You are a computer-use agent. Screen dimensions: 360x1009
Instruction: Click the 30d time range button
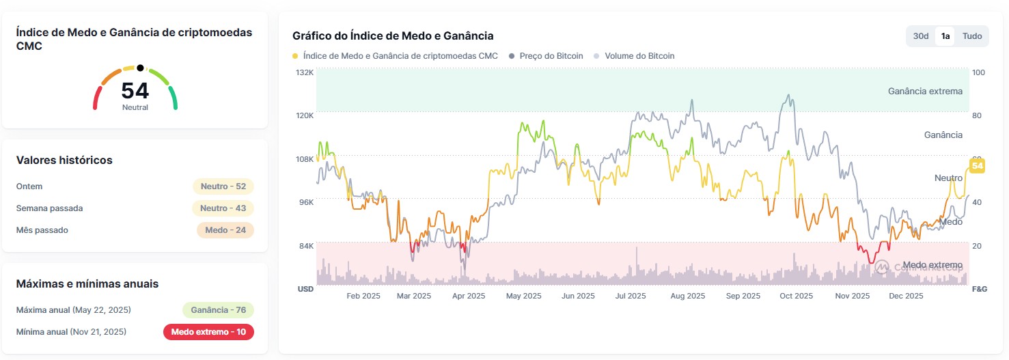[921, 36]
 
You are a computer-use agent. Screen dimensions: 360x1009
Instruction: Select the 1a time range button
[945, 36]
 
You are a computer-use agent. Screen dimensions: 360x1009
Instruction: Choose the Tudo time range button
[972, 36]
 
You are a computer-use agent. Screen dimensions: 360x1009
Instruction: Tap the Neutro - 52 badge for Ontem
[223, 186]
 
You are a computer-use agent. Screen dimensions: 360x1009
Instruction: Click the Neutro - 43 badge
[223, 208]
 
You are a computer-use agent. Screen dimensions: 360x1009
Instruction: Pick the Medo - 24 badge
[225, 230]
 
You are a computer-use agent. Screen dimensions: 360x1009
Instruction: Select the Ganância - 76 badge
[218, 310]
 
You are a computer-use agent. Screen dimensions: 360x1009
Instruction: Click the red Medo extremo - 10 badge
[208, 332]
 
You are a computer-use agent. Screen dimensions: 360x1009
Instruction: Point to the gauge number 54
[135, 91]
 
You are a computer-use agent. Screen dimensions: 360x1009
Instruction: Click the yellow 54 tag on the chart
[977, 166]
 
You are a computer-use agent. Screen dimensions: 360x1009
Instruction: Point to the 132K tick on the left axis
[304, 72]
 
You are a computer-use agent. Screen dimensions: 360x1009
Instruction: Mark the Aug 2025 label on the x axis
[687, 296]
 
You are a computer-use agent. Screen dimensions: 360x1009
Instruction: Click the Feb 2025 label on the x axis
[363, 296]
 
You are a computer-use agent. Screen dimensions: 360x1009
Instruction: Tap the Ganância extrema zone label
[924, 91]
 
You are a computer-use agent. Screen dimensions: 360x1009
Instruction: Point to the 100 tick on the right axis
[978, 72]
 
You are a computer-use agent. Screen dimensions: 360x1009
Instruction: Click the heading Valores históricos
[64, 160]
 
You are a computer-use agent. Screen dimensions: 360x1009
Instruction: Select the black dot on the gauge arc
[140, 68]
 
